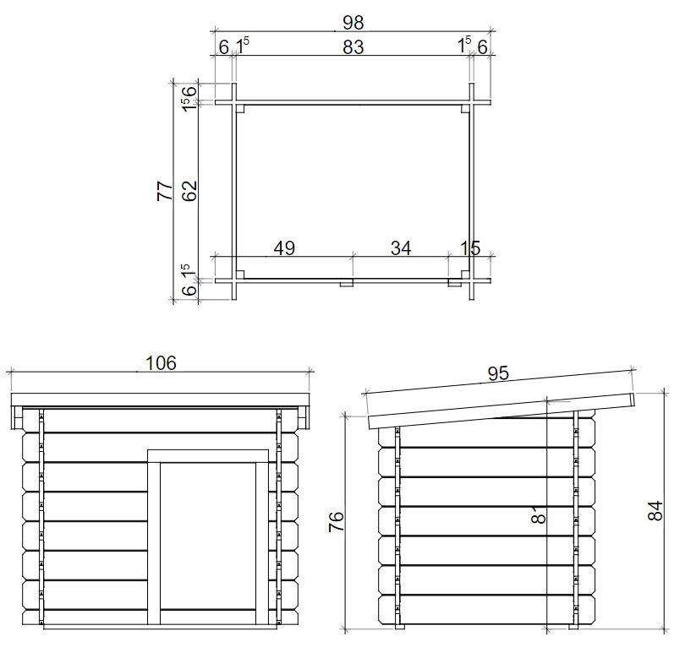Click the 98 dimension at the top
(x=353, y=22)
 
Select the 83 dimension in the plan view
(x=353, y=46)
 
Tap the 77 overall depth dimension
(x=165, y=190)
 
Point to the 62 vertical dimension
(x=189, y=191)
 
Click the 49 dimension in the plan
(x=284, y=247)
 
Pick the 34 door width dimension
(x=401, y=247)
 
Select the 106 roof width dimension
(x=161, y=363)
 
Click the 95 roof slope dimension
(x=498, y=373)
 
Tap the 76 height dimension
(x=336, y=521)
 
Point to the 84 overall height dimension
(x=655, y=510)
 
